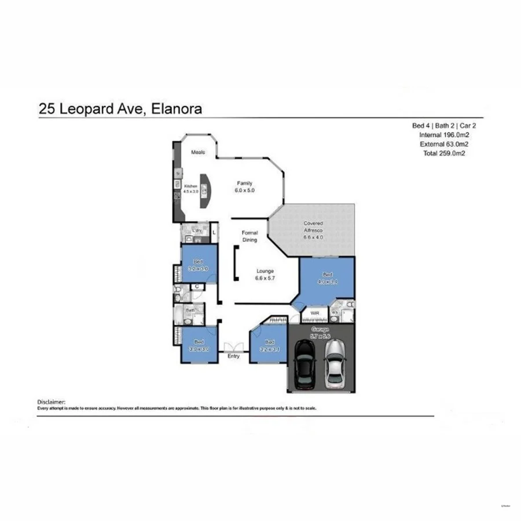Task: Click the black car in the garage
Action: coord(304,364)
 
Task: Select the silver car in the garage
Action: coord(334,364)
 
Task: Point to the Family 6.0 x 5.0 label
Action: coord(244,186)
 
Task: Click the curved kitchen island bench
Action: coord(206,191)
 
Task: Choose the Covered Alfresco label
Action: coord(313,230)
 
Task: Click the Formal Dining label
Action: coord(250,236)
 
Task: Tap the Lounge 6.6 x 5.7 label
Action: coord(266,274)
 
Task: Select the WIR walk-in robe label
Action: coord(315,313)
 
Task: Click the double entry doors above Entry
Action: coord(233,347)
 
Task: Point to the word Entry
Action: coord(233,356)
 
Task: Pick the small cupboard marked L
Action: coord(214,233)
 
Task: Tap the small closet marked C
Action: coord(197,286)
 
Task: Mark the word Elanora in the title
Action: coord(174,108)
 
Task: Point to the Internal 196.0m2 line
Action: coord(443,135)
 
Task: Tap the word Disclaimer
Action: coord(52,401)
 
